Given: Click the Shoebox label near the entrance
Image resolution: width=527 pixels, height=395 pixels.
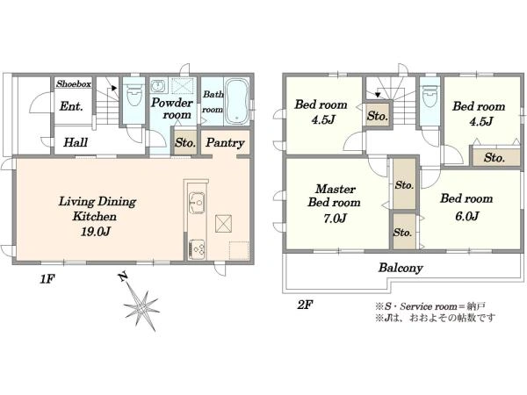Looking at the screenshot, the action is [74, 83].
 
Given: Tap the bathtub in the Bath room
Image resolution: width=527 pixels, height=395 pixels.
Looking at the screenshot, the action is [237, 102].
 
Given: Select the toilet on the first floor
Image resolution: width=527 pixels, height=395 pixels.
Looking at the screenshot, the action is [134, 94].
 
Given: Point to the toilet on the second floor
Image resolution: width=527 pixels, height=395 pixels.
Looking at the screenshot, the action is [430, 96].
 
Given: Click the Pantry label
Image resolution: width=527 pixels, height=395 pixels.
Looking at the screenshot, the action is [225, 143].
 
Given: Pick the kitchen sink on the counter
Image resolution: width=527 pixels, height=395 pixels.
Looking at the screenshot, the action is [197, 203].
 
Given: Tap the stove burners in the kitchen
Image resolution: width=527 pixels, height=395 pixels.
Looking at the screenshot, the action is [196, 249].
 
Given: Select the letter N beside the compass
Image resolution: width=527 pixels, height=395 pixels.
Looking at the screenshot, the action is [123, 276].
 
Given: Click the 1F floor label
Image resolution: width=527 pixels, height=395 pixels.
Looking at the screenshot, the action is [47, 279].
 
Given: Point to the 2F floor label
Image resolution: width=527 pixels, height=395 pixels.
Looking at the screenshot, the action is [305, 305].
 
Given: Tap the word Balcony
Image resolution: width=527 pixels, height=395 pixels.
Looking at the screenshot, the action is [401, 268].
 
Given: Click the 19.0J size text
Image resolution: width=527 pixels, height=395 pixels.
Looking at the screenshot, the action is [96, 232].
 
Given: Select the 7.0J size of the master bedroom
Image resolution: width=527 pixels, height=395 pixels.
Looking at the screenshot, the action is [335, 219].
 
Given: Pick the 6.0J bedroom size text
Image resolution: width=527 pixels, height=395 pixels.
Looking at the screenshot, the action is [467, 216].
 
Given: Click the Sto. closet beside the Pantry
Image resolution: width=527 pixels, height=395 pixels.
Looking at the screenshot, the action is [185, 142].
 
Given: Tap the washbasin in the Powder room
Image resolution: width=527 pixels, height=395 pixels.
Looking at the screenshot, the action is [157, 86].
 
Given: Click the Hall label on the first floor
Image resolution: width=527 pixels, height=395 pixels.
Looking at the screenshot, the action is [76, 142].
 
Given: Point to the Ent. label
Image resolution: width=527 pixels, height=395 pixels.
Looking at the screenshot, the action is [71, 106].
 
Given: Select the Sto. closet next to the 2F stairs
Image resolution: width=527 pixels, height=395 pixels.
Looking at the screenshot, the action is [378, 116].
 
